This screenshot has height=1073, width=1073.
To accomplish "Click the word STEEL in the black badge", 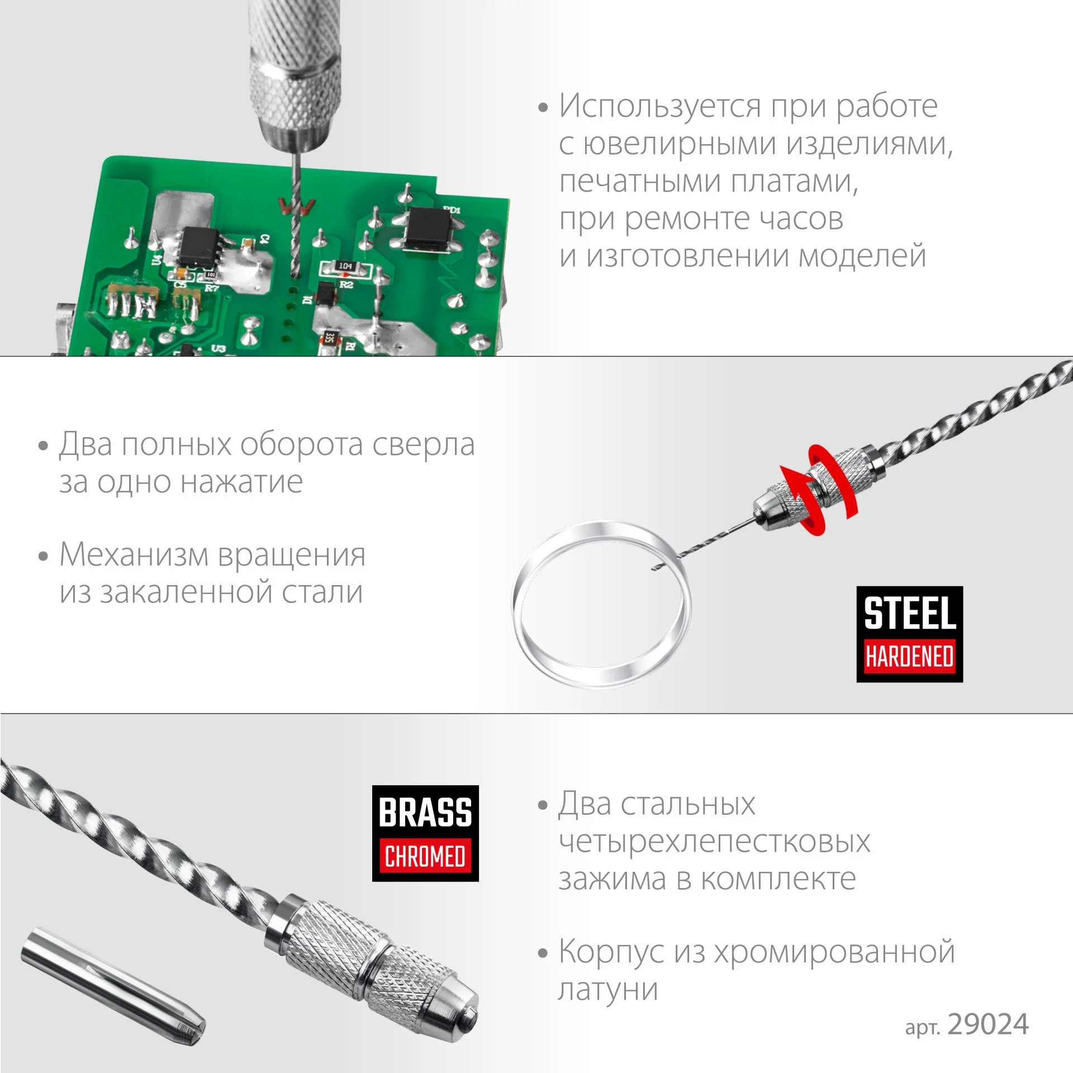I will pos(909,613).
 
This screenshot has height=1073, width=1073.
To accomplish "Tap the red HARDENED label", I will pos(909,657).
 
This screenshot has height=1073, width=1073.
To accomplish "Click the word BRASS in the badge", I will pos(425,812).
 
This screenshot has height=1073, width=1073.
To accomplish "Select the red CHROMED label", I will pos(425,856).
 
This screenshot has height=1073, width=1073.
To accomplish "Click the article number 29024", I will pos(988,1024).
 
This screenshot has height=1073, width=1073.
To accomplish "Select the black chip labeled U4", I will pos(198,246).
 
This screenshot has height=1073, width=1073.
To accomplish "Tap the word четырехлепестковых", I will pos(714,842).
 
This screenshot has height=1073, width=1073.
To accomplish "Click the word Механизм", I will pos(134,555).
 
